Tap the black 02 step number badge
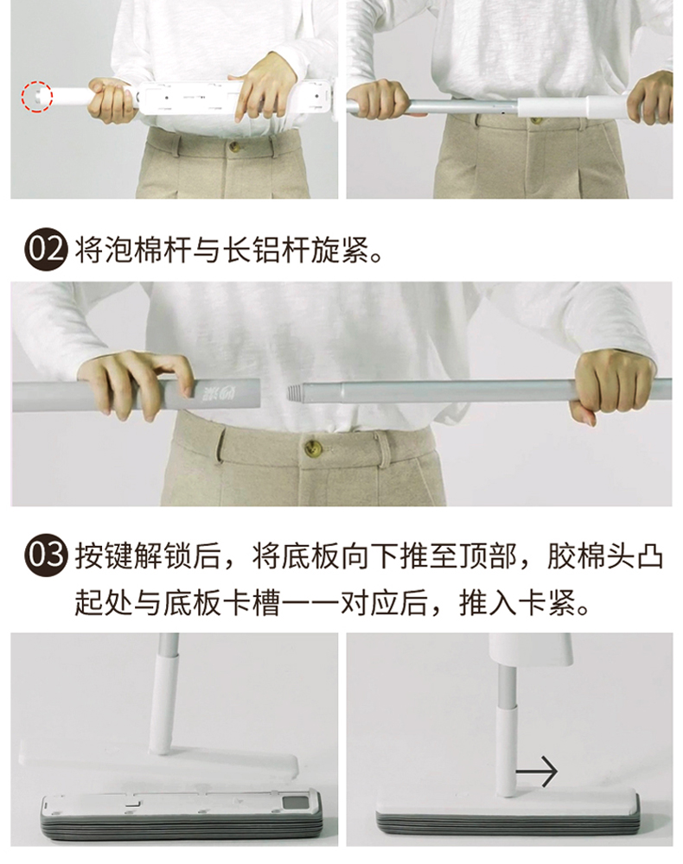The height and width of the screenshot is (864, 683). click(x=46, y=251)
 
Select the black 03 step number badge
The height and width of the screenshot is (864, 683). click(x=46, y=555)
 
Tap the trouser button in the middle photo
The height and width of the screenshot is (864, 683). click(x=314, y=447)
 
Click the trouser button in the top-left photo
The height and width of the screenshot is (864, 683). click(x=235, y=147)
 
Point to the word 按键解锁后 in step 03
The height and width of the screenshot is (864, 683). click(x=147, y=556)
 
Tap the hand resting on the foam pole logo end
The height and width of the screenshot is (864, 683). click(x=137, y=383)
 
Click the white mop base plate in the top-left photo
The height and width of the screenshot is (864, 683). click(x=235, y=98)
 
